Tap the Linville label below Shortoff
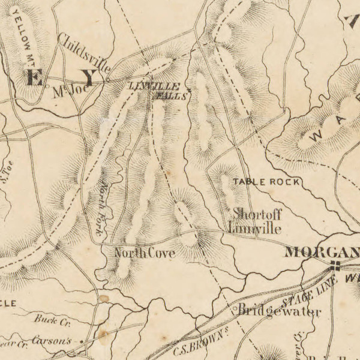pyautogui.click(x=254, y=229)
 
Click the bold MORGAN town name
pyautogui.click(x=322, y=251)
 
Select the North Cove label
pyautogui.click(x=145, y=254)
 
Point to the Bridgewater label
pyautogui.click(x=280, y=311)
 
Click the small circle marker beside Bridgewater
pyautogui.click(x=235, y=311)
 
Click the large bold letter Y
pyautogui.click(x=89, y=77)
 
